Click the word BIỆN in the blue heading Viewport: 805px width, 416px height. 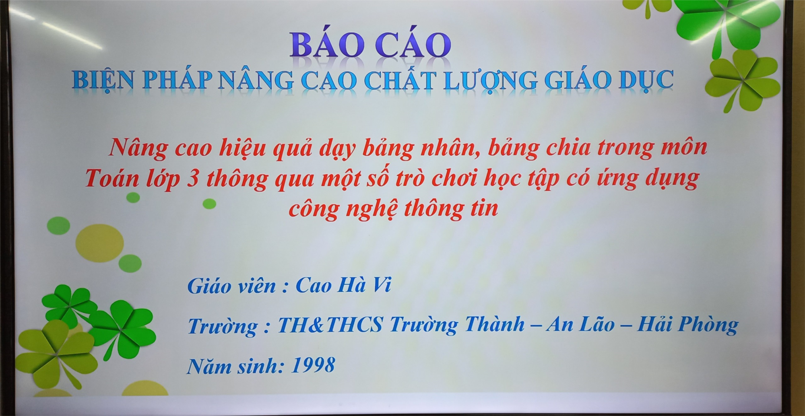coord(103,80)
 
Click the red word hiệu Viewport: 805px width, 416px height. coord(242,148)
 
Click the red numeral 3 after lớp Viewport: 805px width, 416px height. coord(193,179)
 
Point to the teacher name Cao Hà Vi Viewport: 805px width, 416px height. coord(344,285)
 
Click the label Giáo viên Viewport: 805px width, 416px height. coord(231,286)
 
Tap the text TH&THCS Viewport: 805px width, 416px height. coord(330,325)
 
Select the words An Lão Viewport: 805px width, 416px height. coord(580,324)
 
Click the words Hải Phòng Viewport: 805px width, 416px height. coord(688,325)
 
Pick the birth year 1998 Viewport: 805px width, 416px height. coord(314,365)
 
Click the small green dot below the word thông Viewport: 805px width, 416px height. coord(209,204)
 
